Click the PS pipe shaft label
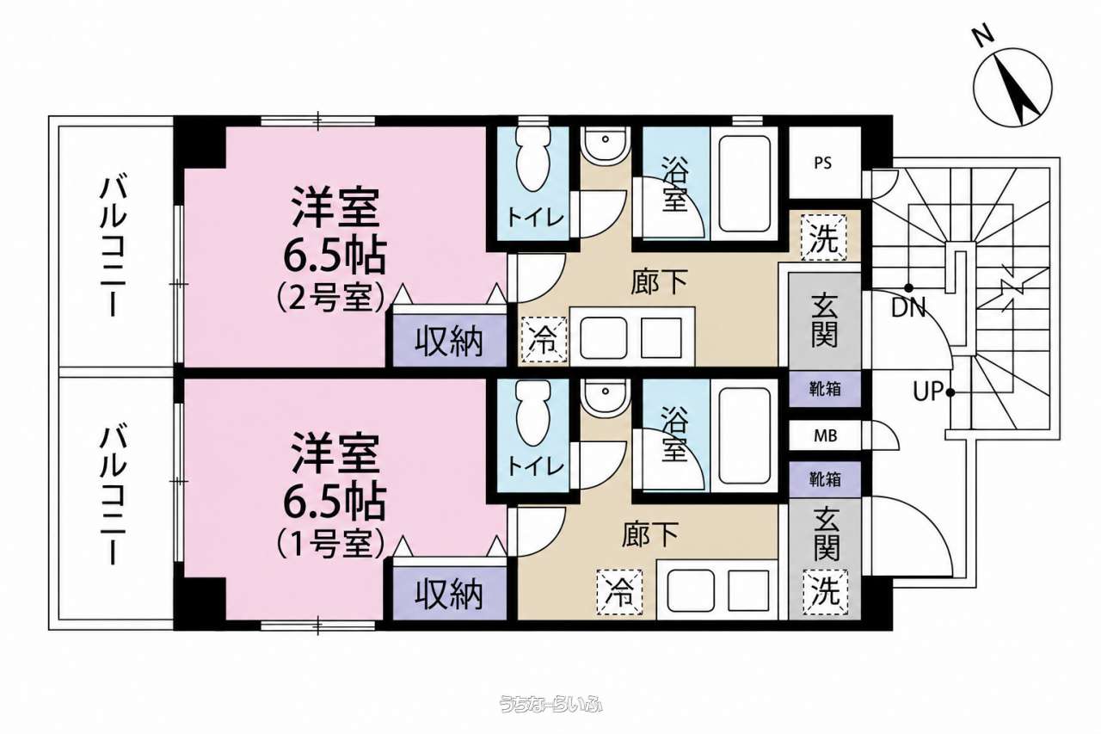click(823, 163)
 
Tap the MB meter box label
click(825, 435)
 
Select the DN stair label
click(908, 308)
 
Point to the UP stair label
click(928, 392)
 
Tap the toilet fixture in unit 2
click(532, 160)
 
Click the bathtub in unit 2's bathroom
click(744, 183)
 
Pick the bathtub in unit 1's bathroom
click(744, 435)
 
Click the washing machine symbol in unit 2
click(824, 237)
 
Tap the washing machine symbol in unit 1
click(825, 592)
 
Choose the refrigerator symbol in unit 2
click(544, 340)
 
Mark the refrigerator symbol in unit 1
click(620, 592)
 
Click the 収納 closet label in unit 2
click(449, 342)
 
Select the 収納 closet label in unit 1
click(449, 594)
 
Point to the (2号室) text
click(330, 298)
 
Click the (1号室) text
click(330, 543)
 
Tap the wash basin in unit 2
click(605, 145)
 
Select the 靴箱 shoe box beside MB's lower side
click(825, 478)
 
